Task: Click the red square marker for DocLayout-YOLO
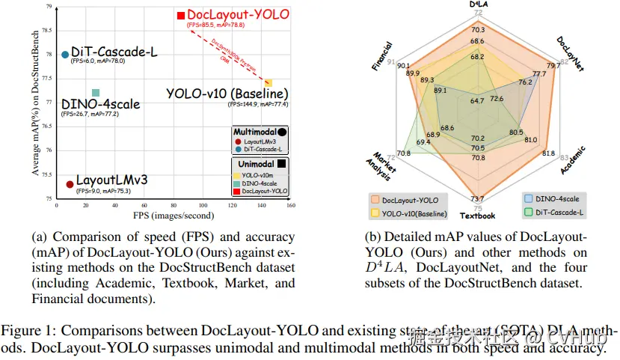click(180, 15)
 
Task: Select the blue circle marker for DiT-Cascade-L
click(65, 55)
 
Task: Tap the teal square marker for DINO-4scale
click(95, 93)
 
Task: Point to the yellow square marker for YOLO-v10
click(268, 82)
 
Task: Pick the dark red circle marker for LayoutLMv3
click(69, 184)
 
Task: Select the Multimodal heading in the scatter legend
click(255, 131)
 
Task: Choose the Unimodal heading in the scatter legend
click(255, 162)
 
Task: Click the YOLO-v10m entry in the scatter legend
click(257, 174)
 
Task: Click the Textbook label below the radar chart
click(477, 216)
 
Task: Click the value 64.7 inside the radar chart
click(477, 100)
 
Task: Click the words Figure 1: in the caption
click(27, 330)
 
